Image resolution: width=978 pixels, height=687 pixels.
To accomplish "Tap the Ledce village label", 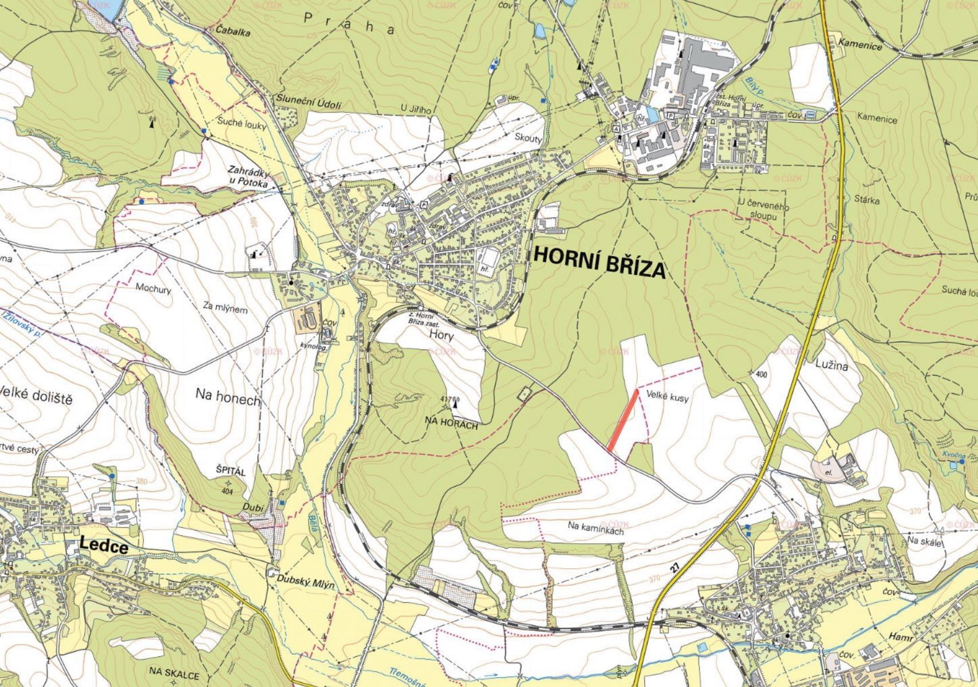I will point(104,546).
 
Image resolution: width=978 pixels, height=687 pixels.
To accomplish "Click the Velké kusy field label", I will point(667,396).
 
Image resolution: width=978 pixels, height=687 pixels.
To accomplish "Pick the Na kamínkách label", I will point(596,527).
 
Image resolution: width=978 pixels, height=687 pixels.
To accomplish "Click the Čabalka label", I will point(233,32).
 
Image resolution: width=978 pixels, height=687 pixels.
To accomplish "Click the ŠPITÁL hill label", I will point(230,472).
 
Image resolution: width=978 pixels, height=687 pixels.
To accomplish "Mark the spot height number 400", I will point(760,374).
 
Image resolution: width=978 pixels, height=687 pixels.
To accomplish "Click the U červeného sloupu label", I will point(764,211).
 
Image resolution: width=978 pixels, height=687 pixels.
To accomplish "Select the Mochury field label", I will point(153,289).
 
